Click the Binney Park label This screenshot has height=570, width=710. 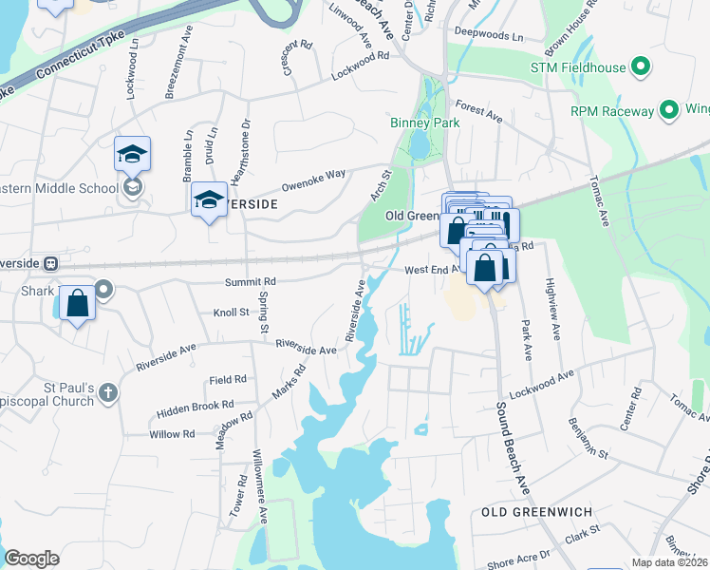tap(424, 123)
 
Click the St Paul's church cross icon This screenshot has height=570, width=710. tap(108, 391)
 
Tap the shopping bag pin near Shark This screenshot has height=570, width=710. tap(78, 305)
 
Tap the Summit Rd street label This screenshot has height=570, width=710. tap(250, 282)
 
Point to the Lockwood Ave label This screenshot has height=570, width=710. tap(542, 383)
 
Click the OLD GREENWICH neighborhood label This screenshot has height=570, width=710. tap(536, 512)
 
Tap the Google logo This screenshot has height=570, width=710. tap(31, 559)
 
